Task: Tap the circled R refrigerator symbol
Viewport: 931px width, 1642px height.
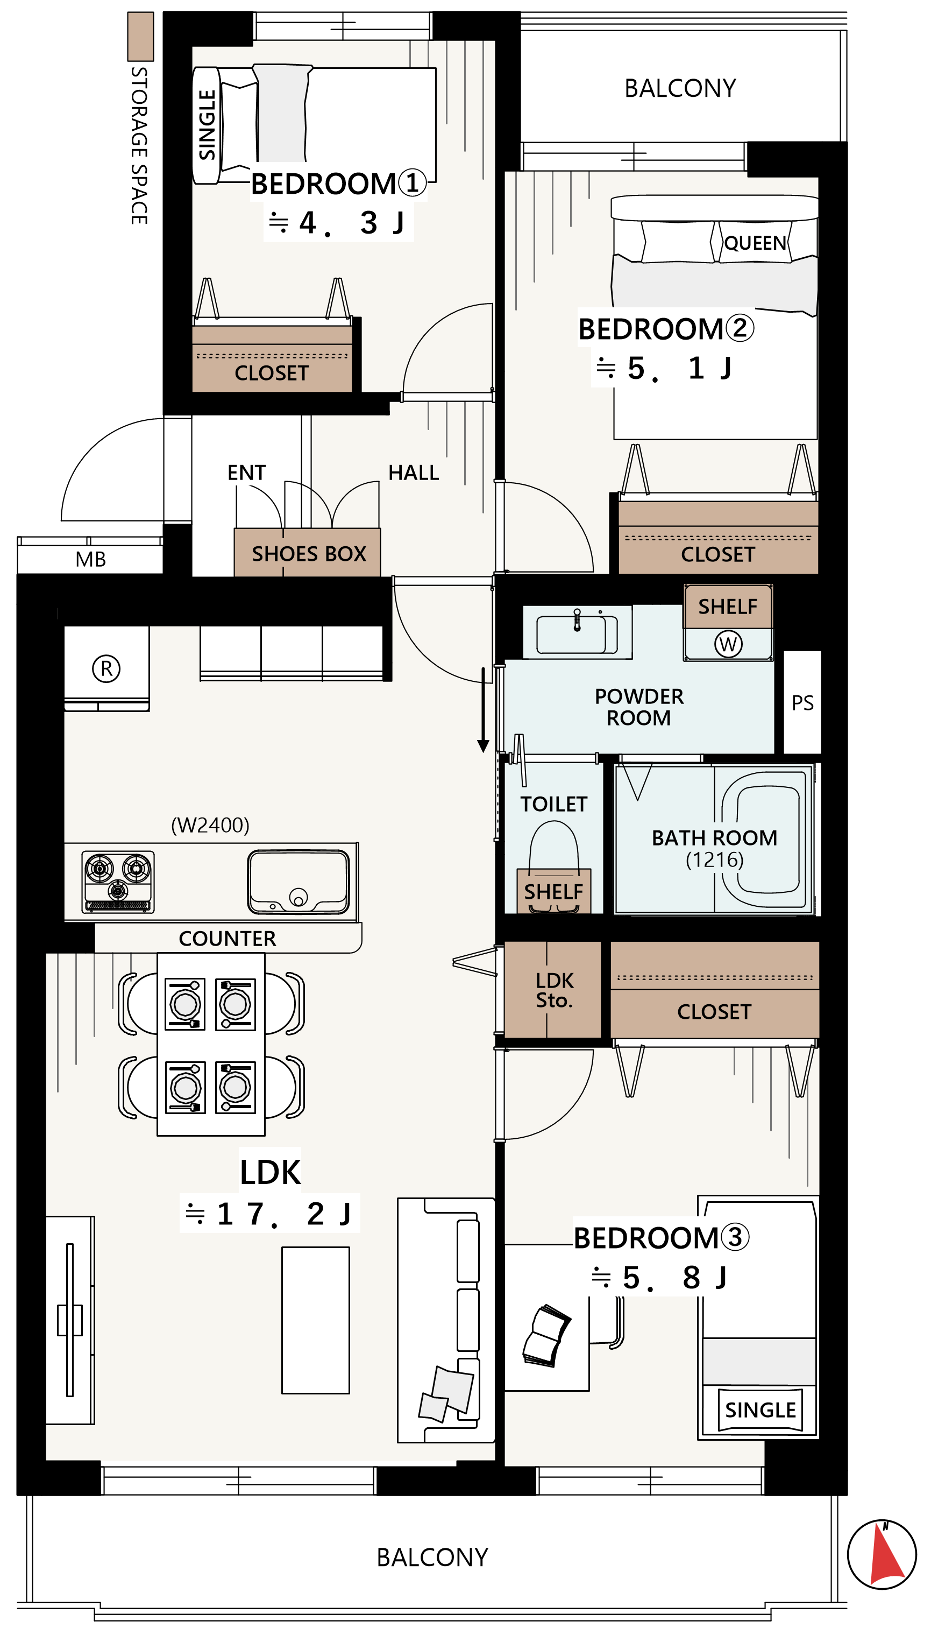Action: [x=106, y=668]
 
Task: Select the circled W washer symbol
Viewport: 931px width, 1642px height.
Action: [x=728, y=644]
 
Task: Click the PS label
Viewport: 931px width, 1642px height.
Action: [x=802, y=703]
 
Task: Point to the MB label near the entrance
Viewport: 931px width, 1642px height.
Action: [x=91, y=560]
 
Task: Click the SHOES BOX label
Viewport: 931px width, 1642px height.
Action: [x=309, y=554]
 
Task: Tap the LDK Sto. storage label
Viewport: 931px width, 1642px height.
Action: [x=555, y=990]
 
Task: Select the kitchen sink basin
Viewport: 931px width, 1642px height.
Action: [x=299, y=882]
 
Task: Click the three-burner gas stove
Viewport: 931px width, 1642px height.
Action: [x=118, y=882]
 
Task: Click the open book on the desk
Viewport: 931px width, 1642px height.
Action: [x=546, y=1337]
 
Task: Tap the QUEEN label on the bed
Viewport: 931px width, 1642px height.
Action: [x=755, y=244]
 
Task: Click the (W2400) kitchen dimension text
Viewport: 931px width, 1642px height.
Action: [x=210, y=825]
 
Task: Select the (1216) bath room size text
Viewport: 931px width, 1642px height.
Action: [x=714, y=859]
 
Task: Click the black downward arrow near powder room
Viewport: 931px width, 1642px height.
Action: [x=484, y=710]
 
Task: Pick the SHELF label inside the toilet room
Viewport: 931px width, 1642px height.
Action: [x=554, y=892]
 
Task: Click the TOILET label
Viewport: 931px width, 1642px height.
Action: [x=554, y=804]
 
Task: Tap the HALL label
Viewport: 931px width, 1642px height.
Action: [x=414, y=473]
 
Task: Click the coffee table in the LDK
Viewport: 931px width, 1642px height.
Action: [x=316, y=1320]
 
